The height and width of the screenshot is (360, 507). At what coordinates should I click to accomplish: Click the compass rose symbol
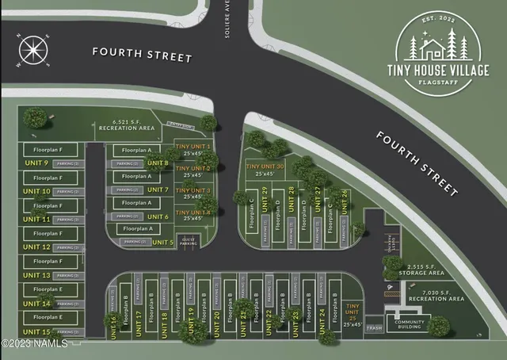(x=32, y=50)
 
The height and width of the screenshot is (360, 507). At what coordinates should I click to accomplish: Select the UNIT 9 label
(x=36, y=163)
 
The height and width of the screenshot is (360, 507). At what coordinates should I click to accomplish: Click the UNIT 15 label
(x=36, y=331)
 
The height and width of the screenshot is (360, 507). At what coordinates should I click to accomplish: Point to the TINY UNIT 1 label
(x=193, y=151)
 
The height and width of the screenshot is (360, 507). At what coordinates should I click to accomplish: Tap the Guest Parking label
(x=188, y=242)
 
